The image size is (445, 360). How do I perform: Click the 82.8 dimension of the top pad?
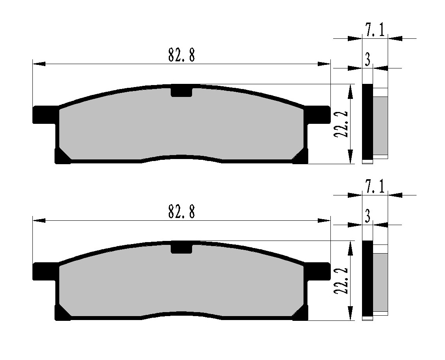[x=182, y=55]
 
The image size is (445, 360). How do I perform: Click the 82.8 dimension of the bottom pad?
[x=182, y=211]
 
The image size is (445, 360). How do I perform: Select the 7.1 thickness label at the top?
[x=375, y=30]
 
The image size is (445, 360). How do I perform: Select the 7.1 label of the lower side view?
[x=375, y=187]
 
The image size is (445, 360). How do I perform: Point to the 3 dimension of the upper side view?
[x=368, y=59]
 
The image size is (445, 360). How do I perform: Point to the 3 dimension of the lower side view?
[x=368, y=216]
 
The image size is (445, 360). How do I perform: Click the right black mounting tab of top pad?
[x=317, y=115]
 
